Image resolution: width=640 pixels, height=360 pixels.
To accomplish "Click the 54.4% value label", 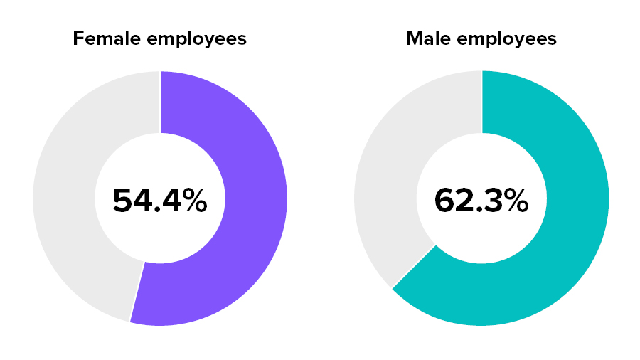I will click(159, 201).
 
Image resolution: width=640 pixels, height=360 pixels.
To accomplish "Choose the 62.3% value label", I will click(481, 201).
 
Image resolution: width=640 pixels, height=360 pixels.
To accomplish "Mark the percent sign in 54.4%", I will click(193, 201).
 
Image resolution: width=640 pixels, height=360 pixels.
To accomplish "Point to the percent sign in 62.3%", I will click(515, 201).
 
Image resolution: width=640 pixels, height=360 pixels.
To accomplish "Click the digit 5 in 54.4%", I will click(122, 201).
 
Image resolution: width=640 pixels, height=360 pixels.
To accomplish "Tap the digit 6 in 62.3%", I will click(445, 201).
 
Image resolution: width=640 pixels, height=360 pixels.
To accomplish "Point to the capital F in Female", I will click(78, 38).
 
